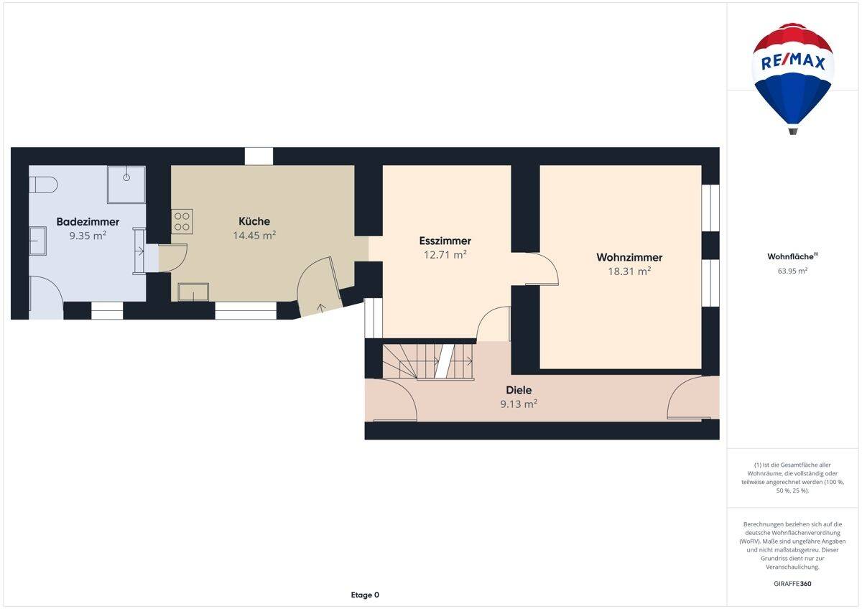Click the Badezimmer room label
click(x=88, y=222)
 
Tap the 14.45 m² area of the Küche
click(x=254, y=235)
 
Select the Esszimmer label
click(x=445, y=241)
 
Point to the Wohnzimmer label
click(x=629, y=257)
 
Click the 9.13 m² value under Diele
click(x=519, y=404)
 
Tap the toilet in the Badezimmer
click(x=43, y=185)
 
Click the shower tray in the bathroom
click(x=126, y=185)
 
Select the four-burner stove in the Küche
click(x=182, y=221)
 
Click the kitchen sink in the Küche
click(x=193, y=292)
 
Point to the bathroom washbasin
click(x=37, y=241)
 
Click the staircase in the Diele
click(x=428, y=361)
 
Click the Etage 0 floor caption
click(x=365, y=595)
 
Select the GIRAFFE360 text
click(x=792, y=584)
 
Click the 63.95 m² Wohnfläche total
click(x=792, y=271)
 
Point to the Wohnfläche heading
click(x=792, y=256)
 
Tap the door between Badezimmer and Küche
click(x=172, y=258)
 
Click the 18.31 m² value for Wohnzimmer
click(x=629, y=271)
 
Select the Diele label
click(x=519, y=390)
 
